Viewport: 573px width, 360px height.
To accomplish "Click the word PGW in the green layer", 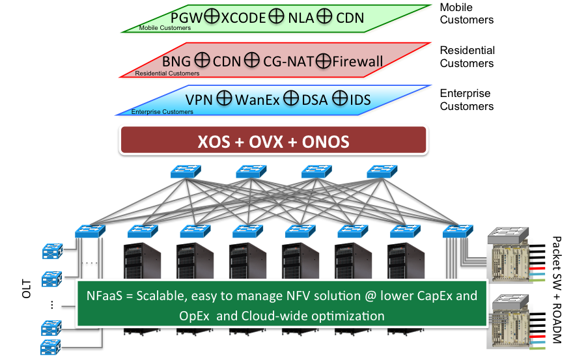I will [x=186, y=18].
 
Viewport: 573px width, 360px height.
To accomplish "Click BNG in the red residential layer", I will [x=176, y=61].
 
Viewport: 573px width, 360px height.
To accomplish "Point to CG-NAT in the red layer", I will [x=287, y=61].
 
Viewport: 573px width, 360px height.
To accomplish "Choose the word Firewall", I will [x=357, y=61].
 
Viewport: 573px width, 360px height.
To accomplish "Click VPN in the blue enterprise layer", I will [x=199, y=100].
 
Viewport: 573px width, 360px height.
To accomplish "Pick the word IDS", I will [x=359, y=100].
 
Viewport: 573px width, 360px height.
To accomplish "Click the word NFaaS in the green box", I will [x=104, y=296].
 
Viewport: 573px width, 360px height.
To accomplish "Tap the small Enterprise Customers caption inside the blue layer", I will [x=162, y=112].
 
